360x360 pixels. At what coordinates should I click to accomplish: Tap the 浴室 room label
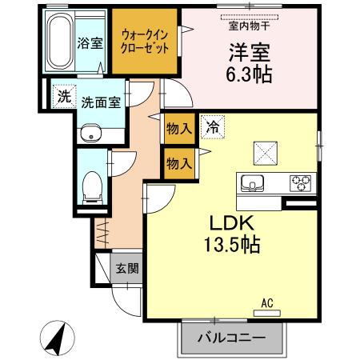[x=88, y=42]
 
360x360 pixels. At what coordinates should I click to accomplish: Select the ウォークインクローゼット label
[x=144, y=41]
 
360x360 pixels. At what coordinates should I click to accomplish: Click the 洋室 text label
[x=248, y=54]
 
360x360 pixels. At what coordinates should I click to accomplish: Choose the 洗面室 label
[x=101, y=102]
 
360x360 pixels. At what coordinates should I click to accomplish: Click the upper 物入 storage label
[x=179, y=128]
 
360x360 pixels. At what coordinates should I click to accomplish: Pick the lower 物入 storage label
[x=179, y=163]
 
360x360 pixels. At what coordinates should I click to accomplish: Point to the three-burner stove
[x=301, y=182]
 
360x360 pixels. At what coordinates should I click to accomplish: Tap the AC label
[x=267, y=302]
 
